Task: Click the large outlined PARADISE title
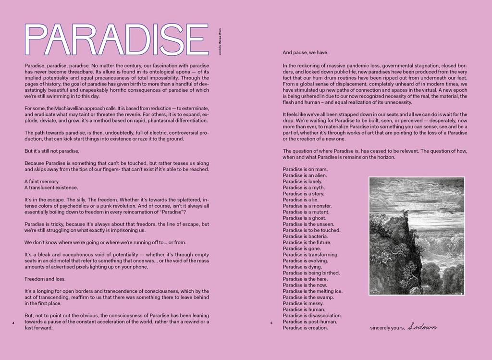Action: pyautogui.click(x=117, y=40)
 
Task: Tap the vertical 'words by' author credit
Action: pyautogui.click(x=220, y=43)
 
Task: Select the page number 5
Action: pyautogui.click(x=271, y=323)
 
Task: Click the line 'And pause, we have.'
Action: pyautogui.click(x=306, y=52)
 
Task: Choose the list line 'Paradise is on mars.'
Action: pyautogui.click(x=305, y=169)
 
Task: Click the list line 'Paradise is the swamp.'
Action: pyautogui.click(x=308, y=297)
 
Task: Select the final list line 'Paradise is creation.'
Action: pyautogui.click(x=305, y=328)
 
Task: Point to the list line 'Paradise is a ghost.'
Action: pyautogui.click(x=305, y=218)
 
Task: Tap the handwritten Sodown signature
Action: pyautogui.click(x=422, y=327)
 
